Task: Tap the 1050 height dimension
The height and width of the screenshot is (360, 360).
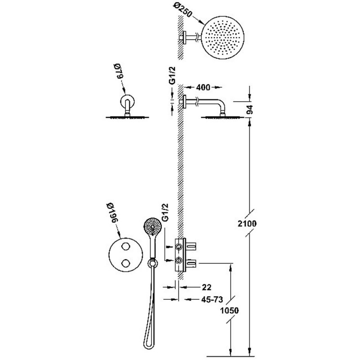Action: pyautogui.click(x=229, y=310)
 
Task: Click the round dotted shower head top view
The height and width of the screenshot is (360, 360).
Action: pyautogui.click(x=223, y=38)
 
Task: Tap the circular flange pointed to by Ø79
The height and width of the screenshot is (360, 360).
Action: pyautogui.click(x=127, y=101)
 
